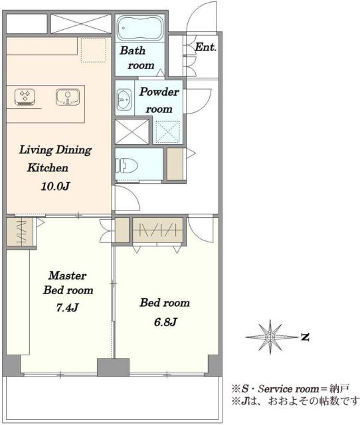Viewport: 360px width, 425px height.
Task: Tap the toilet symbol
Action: [x=127, y=165]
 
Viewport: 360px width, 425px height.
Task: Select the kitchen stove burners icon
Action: [x=25, y=97]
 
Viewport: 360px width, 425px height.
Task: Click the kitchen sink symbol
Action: [x=68, y=97]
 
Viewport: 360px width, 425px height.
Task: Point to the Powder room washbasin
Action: [x=124, y=99]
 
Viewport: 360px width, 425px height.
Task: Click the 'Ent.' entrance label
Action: [x=206, y=47]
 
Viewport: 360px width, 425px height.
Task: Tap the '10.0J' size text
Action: [x=55, y=186]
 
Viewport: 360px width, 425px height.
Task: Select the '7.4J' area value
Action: [x=67, y=307]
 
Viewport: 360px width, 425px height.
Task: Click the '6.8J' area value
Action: [x=165, y=322]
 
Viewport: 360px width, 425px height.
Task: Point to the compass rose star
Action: [x=270, y=337]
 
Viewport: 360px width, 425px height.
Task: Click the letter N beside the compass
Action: [x=306, y=337]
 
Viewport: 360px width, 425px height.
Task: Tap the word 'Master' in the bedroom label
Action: [x=67, y=276]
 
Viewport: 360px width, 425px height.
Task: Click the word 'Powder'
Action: [x=159, y=92]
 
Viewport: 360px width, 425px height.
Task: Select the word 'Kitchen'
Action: [x=48, y=168]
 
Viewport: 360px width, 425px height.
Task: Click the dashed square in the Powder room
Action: [x=168, y=131]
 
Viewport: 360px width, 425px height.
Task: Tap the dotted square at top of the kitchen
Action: [x=94, y=50]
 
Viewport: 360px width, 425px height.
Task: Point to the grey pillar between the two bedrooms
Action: [x=113, y=367]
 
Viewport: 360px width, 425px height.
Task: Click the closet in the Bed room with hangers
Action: [x=157, y=230]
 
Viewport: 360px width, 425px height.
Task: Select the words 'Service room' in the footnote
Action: [x=288, y=389]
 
